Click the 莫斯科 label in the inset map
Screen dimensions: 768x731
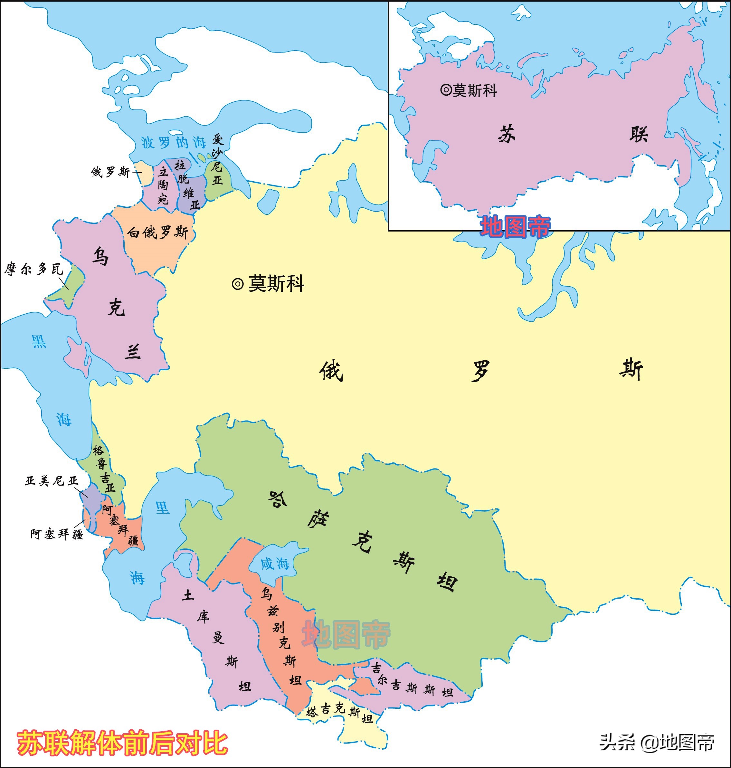[474, 91]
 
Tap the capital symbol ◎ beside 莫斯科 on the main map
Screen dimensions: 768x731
[238, 284]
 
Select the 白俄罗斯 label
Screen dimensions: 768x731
[158, 232]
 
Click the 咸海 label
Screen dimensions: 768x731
[275, 564]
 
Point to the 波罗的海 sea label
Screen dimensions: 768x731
[173, 143]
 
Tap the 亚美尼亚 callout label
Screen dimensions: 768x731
[52, 481]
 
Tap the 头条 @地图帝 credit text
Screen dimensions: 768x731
[657, 742]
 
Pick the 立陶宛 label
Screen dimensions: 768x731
[163, 185]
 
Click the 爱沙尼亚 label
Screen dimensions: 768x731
[217, 160]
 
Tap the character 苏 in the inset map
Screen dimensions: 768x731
[507, 134]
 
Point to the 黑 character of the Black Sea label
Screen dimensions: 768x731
[39, 341]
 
